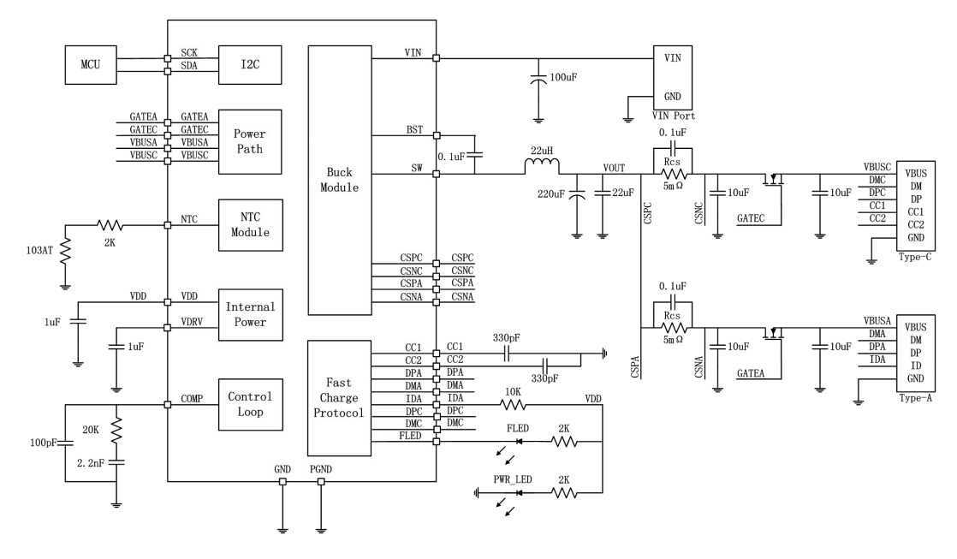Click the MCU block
91,65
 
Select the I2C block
250,65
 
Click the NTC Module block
250,226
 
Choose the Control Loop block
250,405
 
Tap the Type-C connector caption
916,257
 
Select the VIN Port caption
672,116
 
